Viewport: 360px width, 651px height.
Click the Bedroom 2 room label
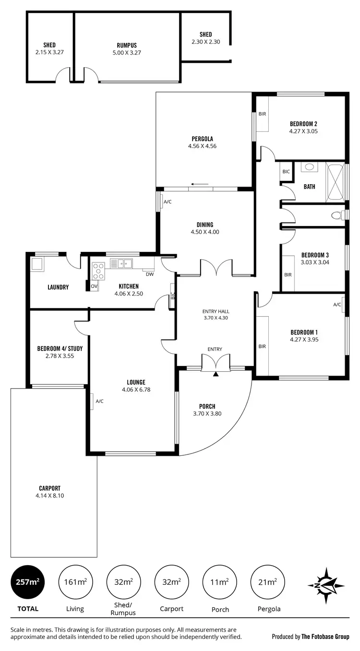coord(303,123)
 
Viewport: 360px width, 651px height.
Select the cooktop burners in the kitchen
coord(98,271)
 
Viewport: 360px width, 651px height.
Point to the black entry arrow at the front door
coord(216,373)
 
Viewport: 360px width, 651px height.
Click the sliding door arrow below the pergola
coord(199,184)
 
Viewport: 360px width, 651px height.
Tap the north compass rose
coord(325,585)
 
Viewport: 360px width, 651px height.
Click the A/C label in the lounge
coord(100,401)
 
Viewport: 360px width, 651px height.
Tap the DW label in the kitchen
coord(150,275)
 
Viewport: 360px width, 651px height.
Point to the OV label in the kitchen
coord(94,286)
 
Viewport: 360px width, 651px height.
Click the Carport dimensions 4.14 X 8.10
coord(49,496)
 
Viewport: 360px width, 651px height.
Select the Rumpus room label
coord(127,46)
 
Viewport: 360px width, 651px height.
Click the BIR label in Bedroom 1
coord(262,346)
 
